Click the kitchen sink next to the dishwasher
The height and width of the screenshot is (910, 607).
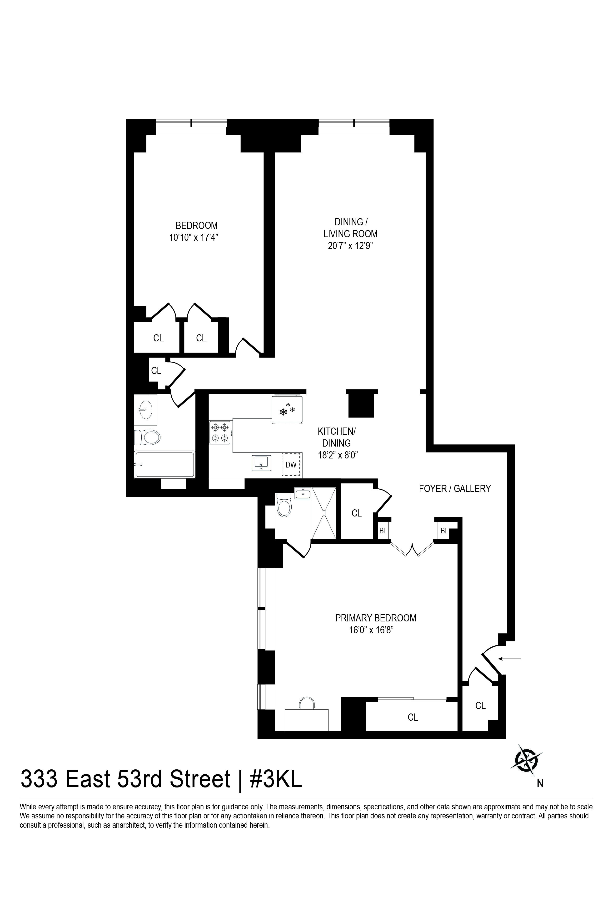pyautogui.click(x=262, y=463)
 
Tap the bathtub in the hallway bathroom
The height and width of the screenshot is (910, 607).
pyautogui.click(x=164, y=464)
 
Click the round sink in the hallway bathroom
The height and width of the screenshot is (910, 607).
pyautogui.click(x=145, y=409)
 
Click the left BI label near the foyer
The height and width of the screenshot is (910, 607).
pyautogui.click(x=383, y=531)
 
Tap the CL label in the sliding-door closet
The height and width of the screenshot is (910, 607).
pyautogui.click(x=413, y=717)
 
